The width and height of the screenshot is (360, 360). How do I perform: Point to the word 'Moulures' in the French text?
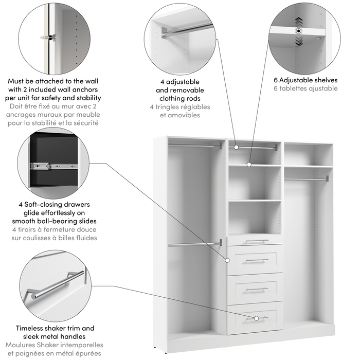[23, 345]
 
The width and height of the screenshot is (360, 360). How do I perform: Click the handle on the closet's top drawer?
[256, 241]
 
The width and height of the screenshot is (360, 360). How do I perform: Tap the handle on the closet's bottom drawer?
[256, 318]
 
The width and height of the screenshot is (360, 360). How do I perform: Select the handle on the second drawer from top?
[256, 260]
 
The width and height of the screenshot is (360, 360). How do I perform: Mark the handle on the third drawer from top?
[256, 290]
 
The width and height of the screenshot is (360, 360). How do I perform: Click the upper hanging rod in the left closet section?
[195, 146]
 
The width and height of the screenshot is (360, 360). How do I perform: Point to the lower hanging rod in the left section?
[195, 244]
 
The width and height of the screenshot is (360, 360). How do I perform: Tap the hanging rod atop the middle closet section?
[253, 148]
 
